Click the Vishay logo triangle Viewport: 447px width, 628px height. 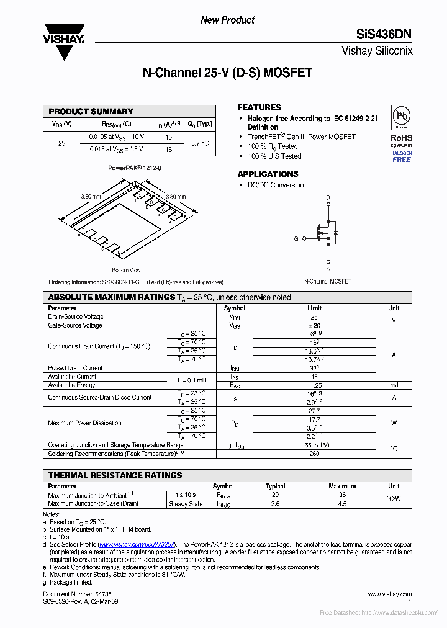(x=63, y=47)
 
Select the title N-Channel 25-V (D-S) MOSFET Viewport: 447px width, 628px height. (x=227, y=73)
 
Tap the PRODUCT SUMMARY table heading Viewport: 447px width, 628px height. (x=91, y=112)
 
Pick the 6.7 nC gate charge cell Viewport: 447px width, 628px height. (x=200, y=143)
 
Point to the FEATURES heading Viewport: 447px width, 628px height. (x=259, y=107)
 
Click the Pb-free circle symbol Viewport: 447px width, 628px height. (x=401, y=117)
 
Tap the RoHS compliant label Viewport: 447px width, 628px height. (x=401, y=138)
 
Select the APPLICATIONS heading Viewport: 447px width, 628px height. (x=268, y=174)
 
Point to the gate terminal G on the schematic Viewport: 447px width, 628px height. (x=296, y=238)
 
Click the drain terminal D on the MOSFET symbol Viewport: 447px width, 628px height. (x=328, y=198)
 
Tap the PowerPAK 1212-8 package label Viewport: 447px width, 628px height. (x=135, y=168)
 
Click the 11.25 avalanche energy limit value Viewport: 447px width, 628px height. (x=314, y=385)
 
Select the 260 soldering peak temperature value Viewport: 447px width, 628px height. (x=314, y=454)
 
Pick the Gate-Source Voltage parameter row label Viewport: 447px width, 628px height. (x=75, y=325)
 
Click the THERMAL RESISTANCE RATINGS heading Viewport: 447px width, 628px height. (x=115, y=475)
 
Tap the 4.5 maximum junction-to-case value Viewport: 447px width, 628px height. (x=342, y=504)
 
